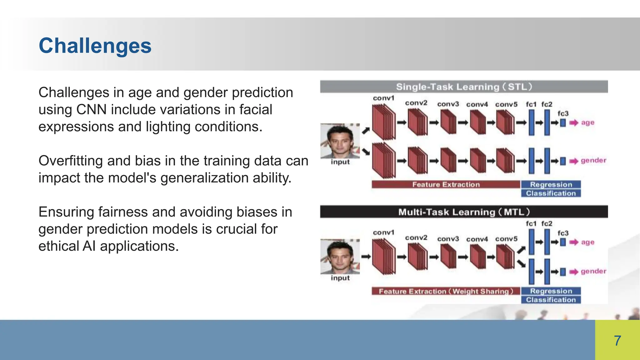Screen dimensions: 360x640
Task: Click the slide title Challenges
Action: click(x=95, y=46)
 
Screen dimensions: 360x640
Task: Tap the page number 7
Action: click(x=617, y=341)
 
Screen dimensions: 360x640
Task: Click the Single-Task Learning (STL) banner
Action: click(x=464, y=87)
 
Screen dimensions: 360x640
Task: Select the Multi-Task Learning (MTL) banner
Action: click(x=464, y=212)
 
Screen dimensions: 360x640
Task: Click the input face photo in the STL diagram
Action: click(x=340, y=141)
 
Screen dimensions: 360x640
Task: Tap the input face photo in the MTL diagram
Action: click(x=340, y=257)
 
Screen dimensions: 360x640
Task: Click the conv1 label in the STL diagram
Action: click(x=383, y=98)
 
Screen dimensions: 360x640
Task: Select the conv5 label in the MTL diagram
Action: click(x=506, y=239)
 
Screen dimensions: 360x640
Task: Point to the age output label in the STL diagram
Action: click(x=587, y=122)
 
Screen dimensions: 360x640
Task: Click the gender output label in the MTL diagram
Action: click(x=593, y=271)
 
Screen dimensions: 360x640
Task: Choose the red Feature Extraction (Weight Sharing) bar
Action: click(x=446, y=291)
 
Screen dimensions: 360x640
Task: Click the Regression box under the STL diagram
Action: click(x=551, y=184)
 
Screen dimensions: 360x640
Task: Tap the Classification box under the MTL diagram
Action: click(x=551, y=300)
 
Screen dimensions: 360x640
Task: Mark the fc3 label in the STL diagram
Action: click(x=563, y=113)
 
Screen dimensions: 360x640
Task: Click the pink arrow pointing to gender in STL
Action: click(x=573, y=161)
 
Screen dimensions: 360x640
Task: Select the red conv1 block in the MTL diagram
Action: click(x=384, y=257)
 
